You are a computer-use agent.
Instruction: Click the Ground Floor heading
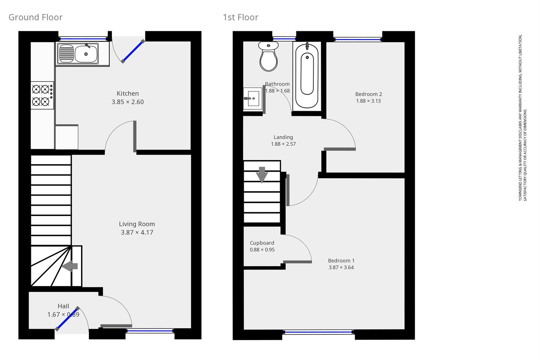(35, 17)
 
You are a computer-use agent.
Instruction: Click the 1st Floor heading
(240, 17)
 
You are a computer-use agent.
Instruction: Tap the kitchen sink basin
(86, 54)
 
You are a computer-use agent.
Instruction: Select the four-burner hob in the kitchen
(42, 95)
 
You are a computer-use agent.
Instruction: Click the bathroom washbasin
(252, 99)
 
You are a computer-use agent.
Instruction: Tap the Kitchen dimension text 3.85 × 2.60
(128, 102)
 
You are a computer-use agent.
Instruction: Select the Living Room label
(137, 224)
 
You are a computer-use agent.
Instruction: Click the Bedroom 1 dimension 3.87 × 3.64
(341, 267)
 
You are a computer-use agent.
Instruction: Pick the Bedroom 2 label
(368, 94)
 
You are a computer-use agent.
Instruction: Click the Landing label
(283, 137)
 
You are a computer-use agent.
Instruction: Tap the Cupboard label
(262, 243)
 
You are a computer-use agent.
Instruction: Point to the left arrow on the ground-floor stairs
(70, 266)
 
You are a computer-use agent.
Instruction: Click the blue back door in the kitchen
(133, 51)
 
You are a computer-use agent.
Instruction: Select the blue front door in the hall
(67, 319)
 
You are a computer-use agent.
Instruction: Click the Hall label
(63, 306)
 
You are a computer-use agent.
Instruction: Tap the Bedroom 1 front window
(318, 332)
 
